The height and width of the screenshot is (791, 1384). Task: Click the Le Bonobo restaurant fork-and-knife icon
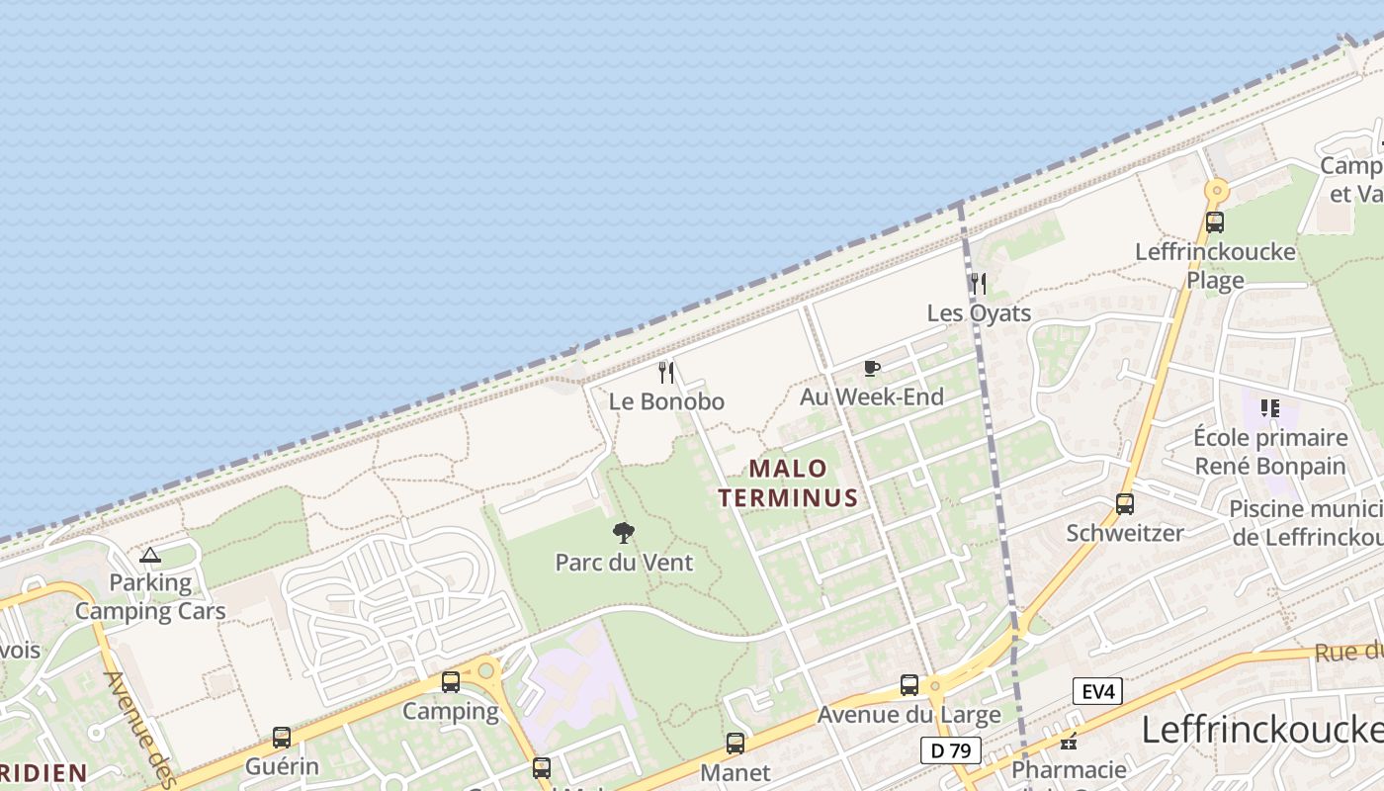click(x=666, y=373)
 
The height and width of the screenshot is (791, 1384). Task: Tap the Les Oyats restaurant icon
click(x=979, y=285)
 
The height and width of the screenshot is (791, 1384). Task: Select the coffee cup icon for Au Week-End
click(x=871, y=369)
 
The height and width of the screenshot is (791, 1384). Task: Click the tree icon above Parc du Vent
click(x=623, y=534)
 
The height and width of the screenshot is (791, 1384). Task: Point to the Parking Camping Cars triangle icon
click(x=150, y=556)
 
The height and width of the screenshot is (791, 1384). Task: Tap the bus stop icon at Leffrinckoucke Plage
click(x=1215, y=222)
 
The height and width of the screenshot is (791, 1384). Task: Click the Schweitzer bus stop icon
click(x=1125, y=504)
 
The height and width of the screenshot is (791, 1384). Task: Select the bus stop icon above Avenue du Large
click(x=909, y=685)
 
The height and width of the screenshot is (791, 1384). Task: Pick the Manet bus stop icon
click(x=735, y=744)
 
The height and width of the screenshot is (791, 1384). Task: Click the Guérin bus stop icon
click(x=282, y=738)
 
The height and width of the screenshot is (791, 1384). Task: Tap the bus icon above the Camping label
click(x=451, y=682)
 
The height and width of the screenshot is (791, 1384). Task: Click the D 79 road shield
click(x=951, y=750)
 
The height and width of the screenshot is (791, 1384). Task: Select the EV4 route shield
click(x=1097, y=691)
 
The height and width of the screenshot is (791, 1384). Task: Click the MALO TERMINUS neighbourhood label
click(x=789, y=483)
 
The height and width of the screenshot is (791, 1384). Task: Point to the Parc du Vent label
click(x=624, y=563)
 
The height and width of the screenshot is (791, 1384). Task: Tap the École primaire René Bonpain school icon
click(x=1270, y=407)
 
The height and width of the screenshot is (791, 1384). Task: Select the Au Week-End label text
click(x=872, y=397)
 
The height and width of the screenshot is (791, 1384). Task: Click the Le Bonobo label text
click(x=666, y=401)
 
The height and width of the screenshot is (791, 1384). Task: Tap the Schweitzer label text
click(x=1125, y=533)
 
